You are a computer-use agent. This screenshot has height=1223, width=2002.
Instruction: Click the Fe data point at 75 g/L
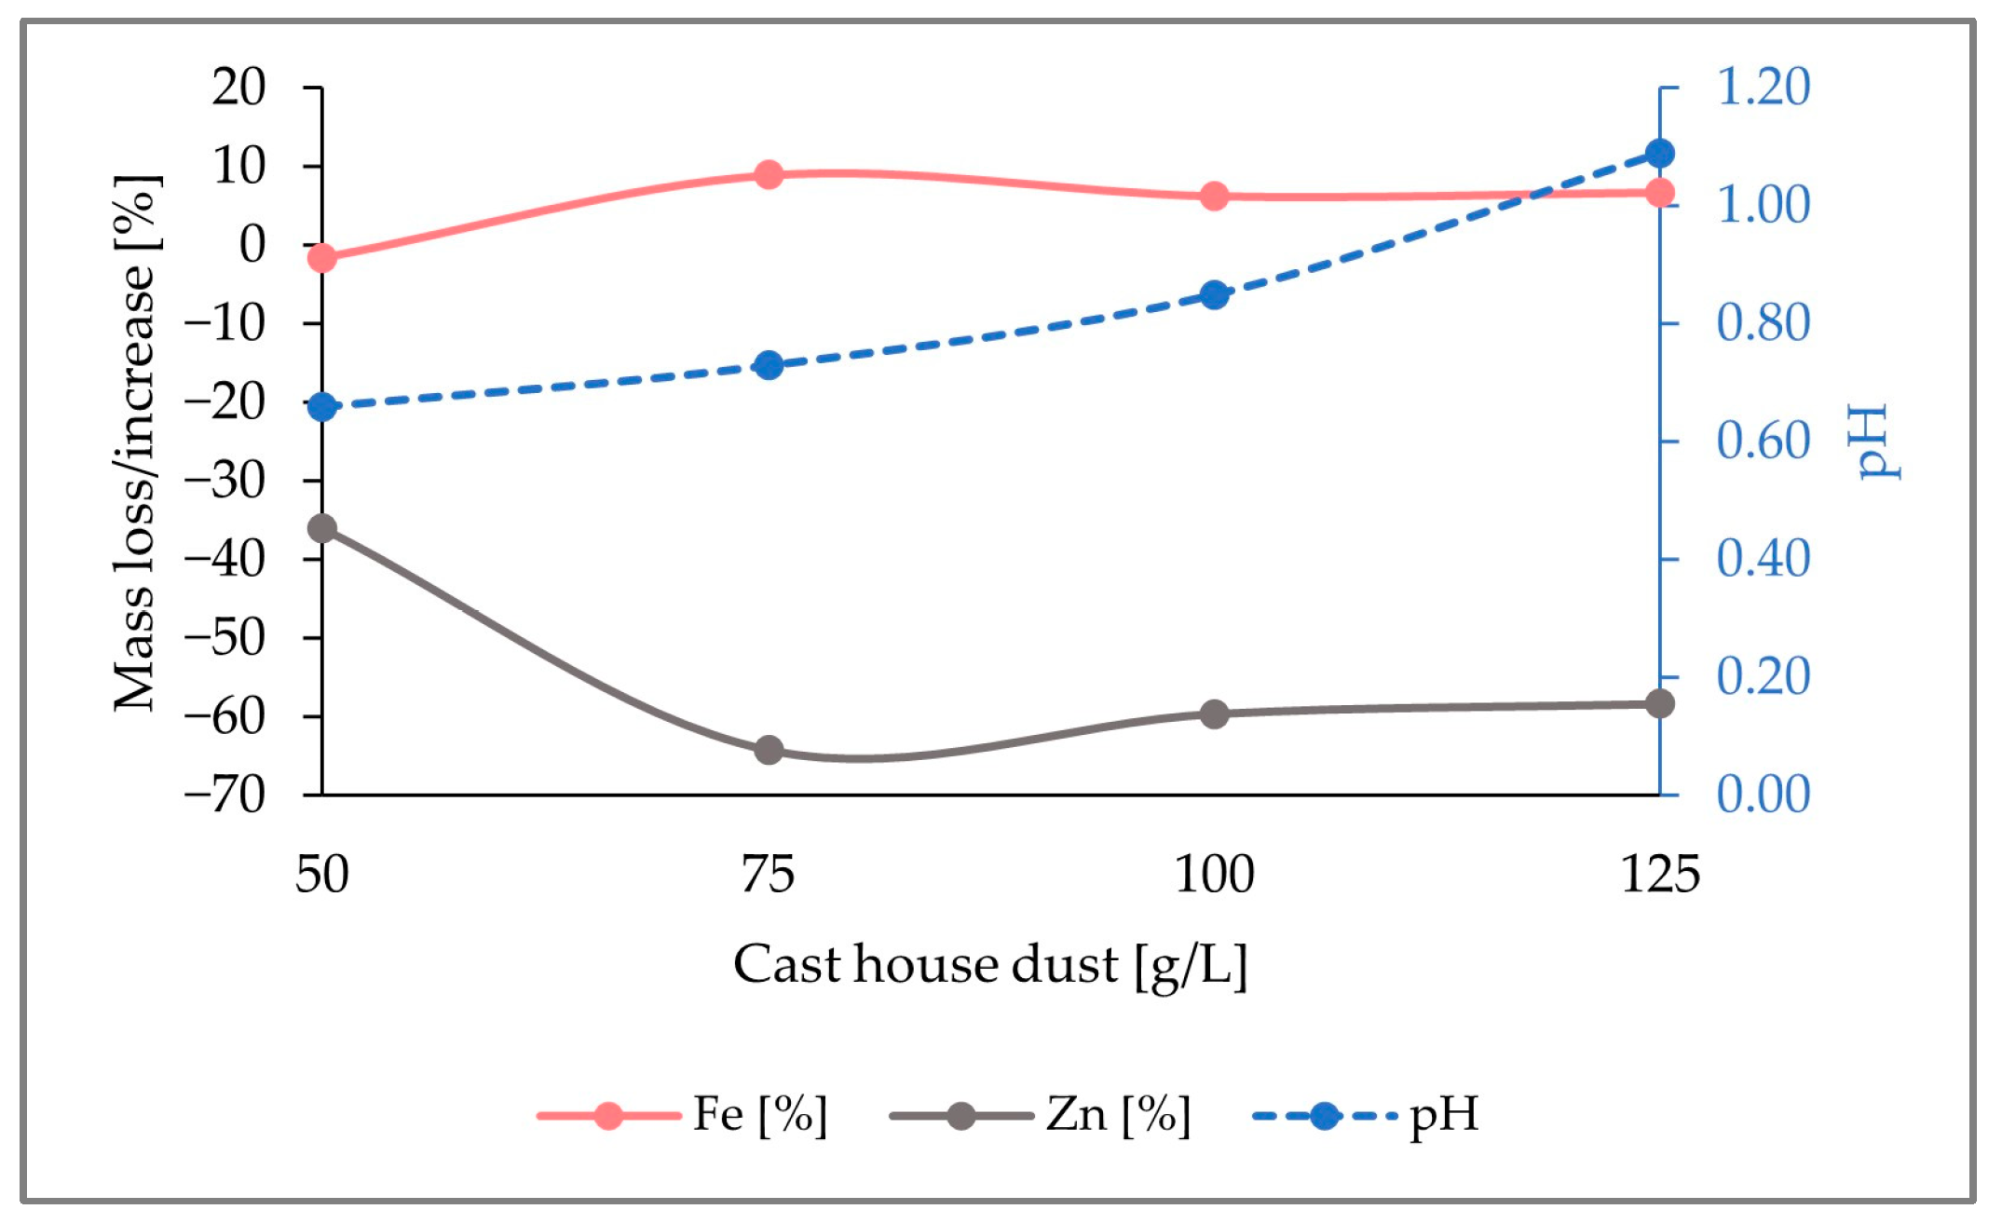[769, 174]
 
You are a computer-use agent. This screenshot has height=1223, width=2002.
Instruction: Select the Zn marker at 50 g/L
[321, 529]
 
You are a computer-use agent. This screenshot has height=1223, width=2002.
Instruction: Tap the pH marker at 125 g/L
[1660, 154]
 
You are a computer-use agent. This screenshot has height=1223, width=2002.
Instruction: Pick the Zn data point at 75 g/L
[769, 750]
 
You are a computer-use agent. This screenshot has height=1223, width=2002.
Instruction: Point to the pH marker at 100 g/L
[1214, 295]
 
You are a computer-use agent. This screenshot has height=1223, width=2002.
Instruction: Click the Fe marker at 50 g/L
[321, 257]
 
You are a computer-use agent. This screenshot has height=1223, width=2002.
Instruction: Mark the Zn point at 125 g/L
[1660, 704]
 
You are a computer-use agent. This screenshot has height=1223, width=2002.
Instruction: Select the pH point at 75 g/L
[769, 365]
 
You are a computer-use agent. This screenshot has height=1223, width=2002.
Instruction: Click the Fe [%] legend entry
[683, 1115]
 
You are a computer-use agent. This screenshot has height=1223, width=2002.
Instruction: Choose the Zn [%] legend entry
[1041, 1115]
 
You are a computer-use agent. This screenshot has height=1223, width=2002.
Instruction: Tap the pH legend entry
[1366, 1115]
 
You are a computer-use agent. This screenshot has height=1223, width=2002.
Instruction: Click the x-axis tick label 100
[1214, 876]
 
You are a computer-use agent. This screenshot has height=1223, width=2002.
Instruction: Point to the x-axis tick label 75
[768, 876]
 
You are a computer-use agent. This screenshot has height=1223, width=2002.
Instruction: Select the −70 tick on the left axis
[225, 795]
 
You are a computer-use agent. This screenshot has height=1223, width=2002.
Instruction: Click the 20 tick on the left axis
[238, 88]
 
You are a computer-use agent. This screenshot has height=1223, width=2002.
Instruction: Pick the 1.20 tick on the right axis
[1763, 88]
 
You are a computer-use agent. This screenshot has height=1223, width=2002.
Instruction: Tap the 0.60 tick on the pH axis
[1763, 442]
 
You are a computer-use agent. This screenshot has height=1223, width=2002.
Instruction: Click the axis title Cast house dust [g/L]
[989, 965]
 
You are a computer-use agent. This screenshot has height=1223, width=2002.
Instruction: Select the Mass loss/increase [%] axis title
[136, 442]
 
